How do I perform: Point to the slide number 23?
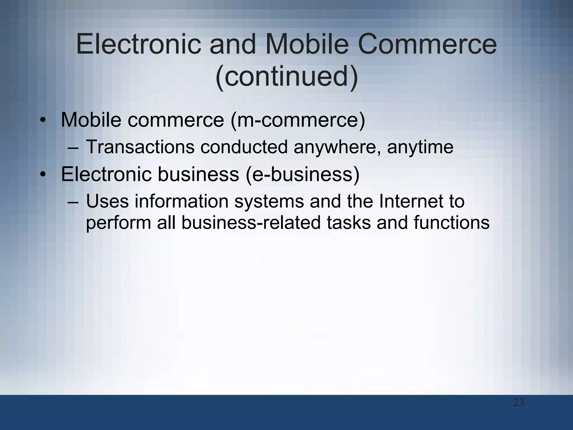(x=518, y=403)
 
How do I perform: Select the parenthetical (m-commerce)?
(x=298, y=120)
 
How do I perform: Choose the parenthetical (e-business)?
(x=302, y=174)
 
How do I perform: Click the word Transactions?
(x=140, y=147)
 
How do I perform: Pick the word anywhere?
(x=337, y=147)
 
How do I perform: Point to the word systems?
(x=269, y=202)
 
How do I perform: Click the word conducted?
(x=244, y=147)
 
